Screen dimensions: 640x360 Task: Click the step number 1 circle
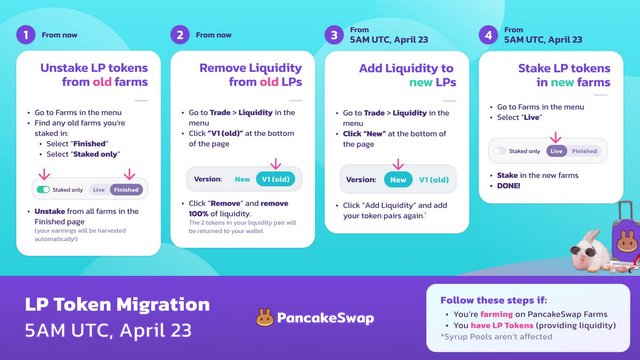pyautogui.click(x=25, y=35)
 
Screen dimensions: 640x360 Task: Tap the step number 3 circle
pyautogui.click(x=334, y=35)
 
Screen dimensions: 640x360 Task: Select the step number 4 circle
pyautogui.click(x=488, y=35)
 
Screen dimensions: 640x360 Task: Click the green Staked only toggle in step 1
pyautogui.click(x=43, y=189)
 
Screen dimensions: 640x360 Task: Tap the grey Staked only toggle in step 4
pyautogui.click(x=499, y=151)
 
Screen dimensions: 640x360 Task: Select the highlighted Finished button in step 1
pyautogui.click(x=126, y=189)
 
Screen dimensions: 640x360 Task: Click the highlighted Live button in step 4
pyautogui.click(x=556, y=151)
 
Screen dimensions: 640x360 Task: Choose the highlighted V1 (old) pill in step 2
pyautogui.click(x=275, y=179)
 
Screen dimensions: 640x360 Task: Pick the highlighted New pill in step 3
pyautogui.click(x=398, y=179)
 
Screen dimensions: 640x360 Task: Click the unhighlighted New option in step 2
pyautogui.click(x=242, y=179)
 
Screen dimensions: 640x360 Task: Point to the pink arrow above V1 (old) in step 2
pyautogui.click(x=275, y=163)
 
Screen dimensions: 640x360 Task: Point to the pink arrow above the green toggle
pyautogui.click(x=44, y=174)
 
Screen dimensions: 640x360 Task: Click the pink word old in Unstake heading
pyautogui.click(x=102, y=82)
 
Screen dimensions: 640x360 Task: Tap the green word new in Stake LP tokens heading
pyautogui.click(x=562, y=82)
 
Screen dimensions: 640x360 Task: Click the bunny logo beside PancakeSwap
pyautogui.click(x=264, y=317)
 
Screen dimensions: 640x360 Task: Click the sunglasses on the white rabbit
pyautogui.click(x=583, y=251)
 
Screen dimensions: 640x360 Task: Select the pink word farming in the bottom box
pyautogui.click(x=496, y=314)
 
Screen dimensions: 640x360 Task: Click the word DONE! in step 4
pyautogui.click(x=508, y=185)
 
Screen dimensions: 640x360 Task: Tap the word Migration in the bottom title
pyautogui.click(x=163, y=304)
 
